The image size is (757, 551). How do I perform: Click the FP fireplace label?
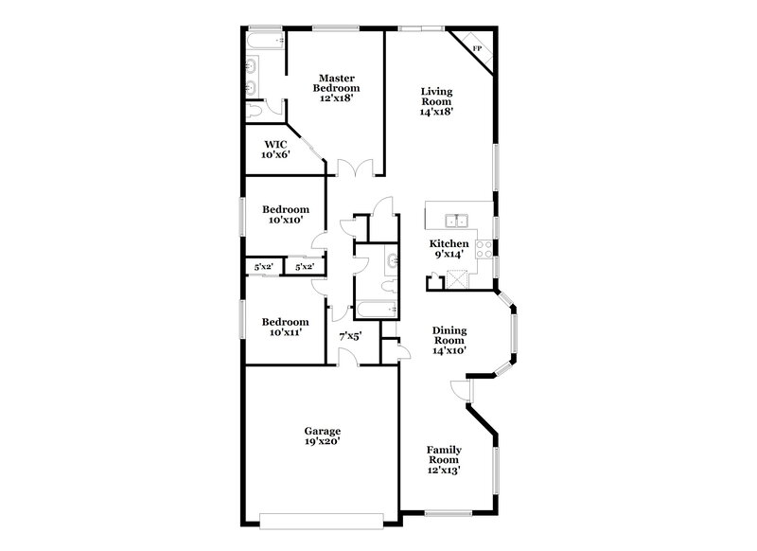(x=477, y=48)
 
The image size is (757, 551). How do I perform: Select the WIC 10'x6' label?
(x=275, y=149)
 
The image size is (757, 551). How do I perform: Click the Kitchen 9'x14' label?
(x=449, y=248)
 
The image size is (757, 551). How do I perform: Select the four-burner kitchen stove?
(x=483, y=249)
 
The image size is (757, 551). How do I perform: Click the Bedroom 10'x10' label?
(x=285, y=215)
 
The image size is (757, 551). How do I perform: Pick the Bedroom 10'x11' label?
(x=285, y=327)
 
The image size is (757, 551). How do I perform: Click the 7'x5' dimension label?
(x=350, y=335)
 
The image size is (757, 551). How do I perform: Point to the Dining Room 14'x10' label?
(x=449, y=340)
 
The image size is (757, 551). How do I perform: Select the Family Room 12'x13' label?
(x=443, y=459)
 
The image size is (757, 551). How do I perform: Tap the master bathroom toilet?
(x=255, y=112)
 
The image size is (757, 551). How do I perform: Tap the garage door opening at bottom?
(x=321, y=518)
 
